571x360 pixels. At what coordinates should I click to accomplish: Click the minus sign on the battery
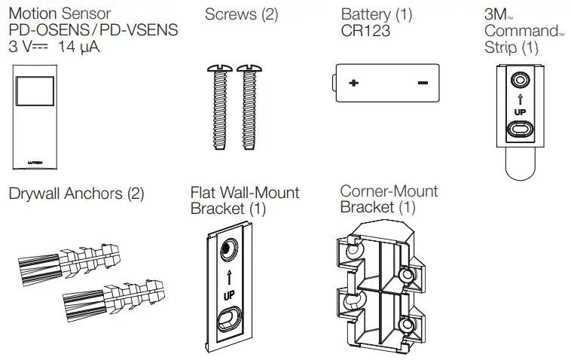(422, 84)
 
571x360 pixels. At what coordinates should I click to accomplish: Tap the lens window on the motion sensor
(34, 93)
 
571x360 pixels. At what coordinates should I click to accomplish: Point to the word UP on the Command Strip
(519, 112)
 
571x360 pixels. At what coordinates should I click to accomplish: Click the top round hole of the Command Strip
(519, 79)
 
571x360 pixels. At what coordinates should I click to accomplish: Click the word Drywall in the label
(36, 194)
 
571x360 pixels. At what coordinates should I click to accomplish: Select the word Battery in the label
(365, 14)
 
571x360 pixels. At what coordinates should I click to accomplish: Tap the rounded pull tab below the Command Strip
(520, 163)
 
